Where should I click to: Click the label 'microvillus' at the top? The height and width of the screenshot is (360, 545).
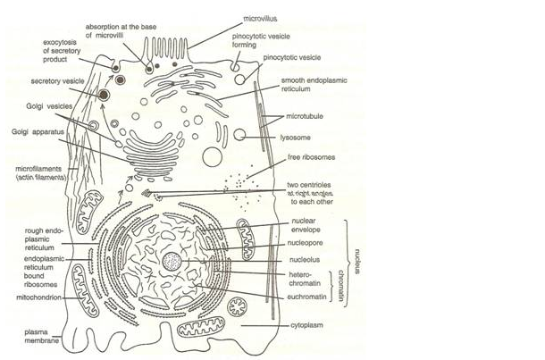tap(262, 17)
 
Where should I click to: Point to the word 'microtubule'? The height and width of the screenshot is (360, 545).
tap(304, 116)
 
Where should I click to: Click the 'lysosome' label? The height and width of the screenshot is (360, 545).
tap(295, 138)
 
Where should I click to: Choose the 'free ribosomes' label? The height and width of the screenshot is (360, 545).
tap(305, 158)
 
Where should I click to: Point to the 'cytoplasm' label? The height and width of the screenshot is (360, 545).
tap(305, 328)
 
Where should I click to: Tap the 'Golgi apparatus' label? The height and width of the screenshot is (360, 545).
tap(37, 131)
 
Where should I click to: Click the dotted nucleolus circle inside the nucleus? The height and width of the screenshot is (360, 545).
tap(172, 262)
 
